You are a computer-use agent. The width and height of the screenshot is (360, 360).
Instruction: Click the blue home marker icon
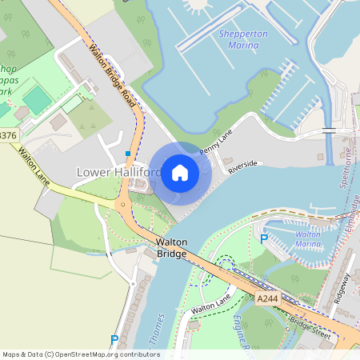tap(180, 172)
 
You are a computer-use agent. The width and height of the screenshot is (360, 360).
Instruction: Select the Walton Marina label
tap(308, 239)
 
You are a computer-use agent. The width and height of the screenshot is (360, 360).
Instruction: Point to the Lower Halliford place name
tap(118, 172)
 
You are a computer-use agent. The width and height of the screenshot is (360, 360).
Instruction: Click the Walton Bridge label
tap(171, 247)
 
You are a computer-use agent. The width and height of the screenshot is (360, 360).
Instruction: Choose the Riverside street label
tap(244, 166)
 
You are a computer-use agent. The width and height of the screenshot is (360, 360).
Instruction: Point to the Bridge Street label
tap(310, 326)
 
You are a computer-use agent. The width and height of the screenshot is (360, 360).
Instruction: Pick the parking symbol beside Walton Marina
tap(264, 238)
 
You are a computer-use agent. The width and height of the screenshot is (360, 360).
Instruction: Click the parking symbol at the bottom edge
tap(114, 339)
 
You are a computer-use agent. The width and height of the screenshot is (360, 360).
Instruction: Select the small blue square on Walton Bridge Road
tap(127, 153)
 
